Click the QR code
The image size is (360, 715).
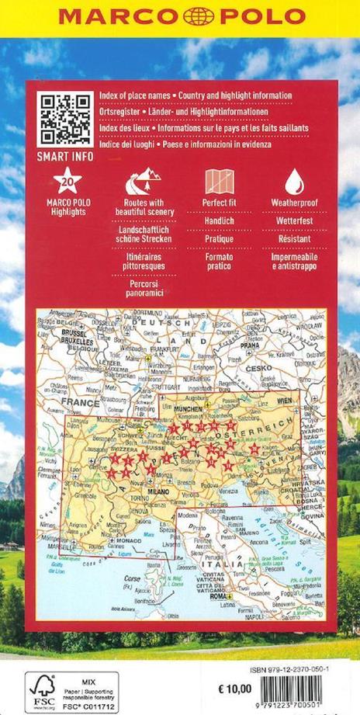(56, 119)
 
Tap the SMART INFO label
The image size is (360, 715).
(56, 155)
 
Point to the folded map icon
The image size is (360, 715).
(214, 182)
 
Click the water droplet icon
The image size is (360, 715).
(292, 182)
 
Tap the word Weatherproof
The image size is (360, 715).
(292, 203)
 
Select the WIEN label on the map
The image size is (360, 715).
(286, 398)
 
